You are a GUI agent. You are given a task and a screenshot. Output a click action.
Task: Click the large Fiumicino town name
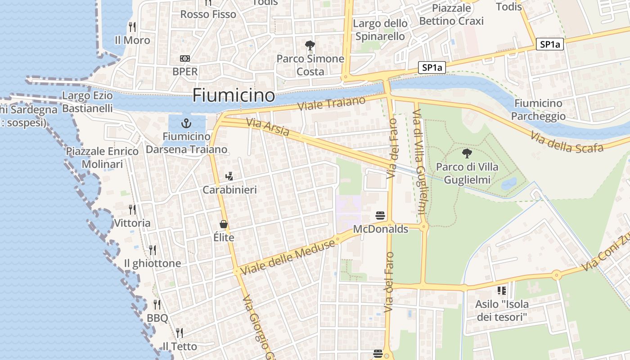[234, 95]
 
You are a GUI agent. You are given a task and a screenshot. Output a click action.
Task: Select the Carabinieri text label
[229, 190]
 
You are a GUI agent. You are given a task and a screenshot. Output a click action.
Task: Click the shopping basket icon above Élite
[224, 224]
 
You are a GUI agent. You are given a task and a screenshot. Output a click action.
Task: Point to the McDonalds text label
[380, 229]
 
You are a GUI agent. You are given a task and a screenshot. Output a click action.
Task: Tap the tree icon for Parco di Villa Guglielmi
[467, 153]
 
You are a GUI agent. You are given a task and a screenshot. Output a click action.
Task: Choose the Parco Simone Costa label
[310, 65]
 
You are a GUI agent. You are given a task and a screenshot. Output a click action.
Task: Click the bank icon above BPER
[184, 58]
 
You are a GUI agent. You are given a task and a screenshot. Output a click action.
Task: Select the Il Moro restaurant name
[132, 40]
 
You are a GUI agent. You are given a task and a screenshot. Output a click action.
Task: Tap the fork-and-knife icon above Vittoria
[132, 209]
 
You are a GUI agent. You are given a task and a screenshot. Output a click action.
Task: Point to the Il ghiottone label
[153, 263]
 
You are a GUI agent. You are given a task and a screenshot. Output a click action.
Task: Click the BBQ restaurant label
[157, 318]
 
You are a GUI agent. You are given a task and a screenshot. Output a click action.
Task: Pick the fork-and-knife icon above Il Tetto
[179, 333]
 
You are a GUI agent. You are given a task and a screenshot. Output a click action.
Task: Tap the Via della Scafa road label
[566, 143]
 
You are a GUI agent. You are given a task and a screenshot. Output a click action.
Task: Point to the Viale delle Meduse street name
[288, 257]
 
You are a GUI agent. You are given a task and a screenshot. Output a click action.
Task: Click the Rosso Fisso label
[208, 14]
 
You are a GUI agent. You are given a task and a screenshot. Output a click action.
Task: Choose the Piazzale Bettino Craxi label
[451, 14]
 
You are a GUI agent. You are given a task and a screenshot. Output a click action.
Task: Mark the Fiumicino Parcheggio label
[538, 110]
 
